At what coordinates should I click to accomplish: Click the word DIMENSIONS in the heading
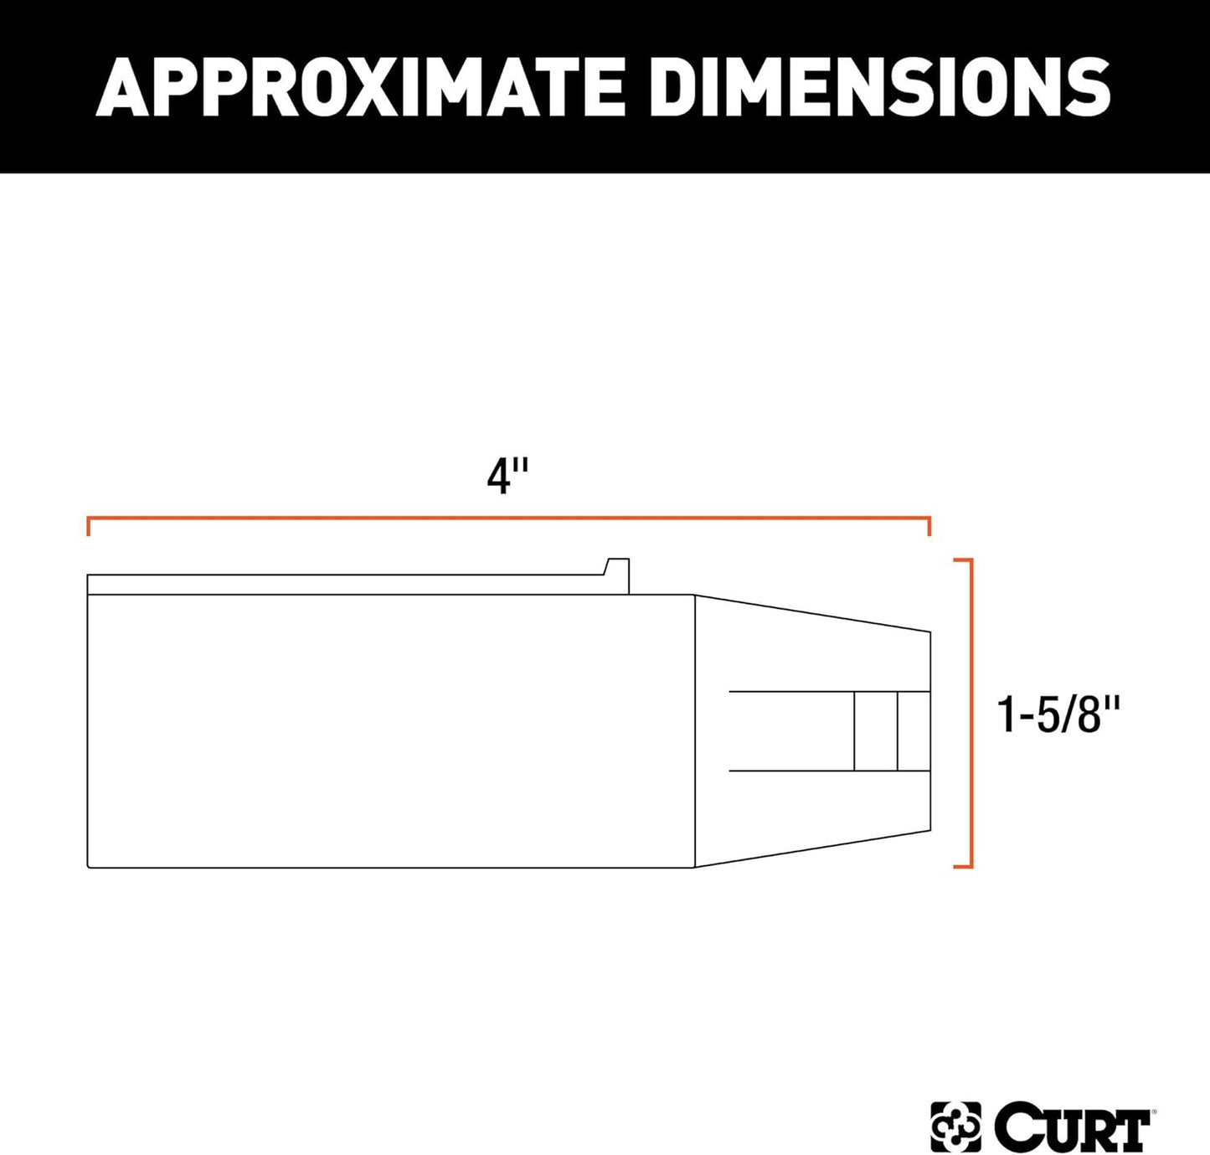pos(879,86)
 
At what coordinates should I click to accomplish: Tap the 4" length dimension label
pos(507,478)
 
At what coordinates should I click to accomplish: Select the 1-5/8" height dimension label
pos(1058,715)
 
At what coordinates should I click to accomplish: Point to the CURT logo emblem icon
pos(955,1127)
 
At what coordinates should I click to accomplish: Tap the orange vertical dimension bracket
pos(971,712)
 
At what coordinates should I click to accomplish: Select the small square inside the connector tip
pos(876,731)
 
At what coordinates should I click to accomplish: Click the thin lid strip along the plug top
pos(343,585)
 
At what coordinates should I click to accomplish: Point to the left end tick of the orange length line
pos(89,527)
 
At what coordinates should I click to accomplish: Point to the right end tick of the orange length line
pos(929,527)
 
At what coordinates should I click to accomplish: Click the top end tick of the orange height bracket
pos(962,559)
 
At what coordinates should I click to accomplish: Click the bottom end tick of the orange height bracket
pos(962,866)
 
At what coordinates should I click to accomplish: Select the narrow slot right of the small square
pos(914,731)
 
